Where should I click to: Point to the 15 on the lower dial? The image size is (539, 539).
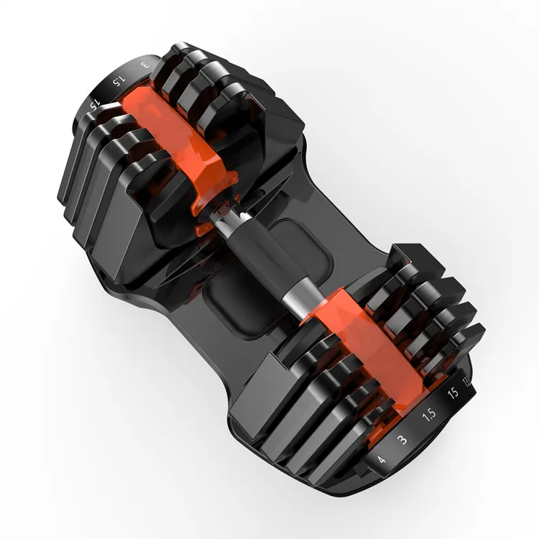(453, 394)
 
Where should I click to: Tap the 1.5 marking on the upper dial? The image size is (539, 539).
(117, 78)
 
